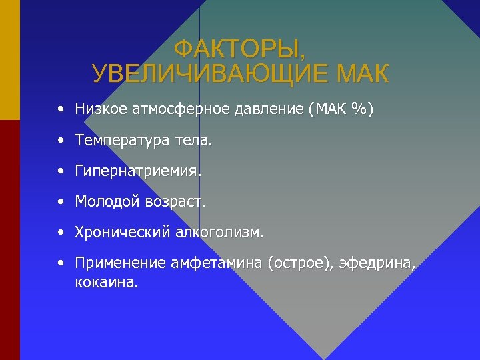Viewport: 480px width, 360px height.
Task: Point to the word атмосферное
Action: tap(167, 109)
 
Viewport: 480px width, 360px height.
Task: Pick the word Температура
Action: tap(123, 141)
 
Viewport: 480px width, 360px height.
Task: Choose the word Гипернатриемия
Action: tap(138, 171)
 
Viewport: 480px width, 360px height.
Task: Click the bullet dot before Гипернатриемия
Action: tap(61, 171)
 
